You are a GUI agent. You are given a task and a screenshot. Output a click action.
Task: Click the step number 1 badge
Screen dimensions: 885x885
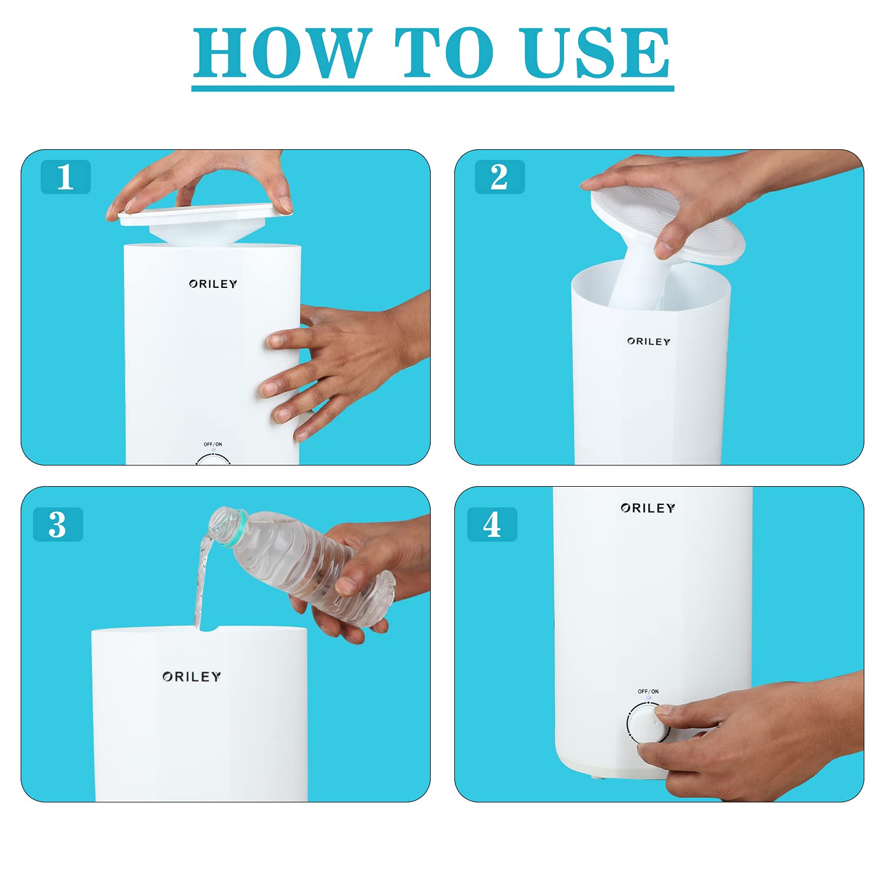tap(65, 176)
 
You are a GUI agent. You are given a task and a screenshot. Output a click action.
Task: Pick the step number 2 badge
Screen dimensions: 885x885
tap(500, 176)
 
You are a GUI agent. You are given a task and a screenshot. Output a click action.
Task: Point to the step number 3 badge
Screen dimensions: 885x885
tap(58, 524)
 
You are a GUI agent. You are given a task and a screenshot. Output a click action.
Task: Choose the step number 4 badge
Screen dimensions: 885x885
tap(492, 524)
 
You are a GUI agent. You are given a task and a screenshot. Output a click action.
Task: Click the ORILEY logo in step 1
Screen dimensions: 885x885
tap(213, 284)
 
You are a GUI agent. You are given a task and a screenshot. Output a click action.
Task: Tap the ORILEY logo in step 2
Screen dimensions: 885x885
tap(649, 341)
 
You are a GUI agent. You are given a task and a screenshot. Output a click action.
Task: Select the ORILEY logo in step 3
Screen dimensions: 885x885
tap(192, 677)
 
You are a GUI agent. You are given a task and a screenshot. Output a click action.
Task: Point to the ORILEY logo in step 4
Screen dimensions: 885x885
tap(648, 508)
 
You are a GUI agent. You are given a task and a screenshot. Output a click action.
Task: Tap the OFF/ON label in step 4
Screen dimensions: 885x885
tap(648, 691)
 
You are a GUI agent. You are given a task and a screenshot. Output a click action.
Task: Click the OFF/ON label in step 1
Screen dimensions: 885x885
tap(213, 444)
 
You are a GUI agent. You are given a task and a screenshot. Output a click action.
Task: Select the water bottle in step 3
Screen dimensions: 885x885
tap(301, 563)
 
